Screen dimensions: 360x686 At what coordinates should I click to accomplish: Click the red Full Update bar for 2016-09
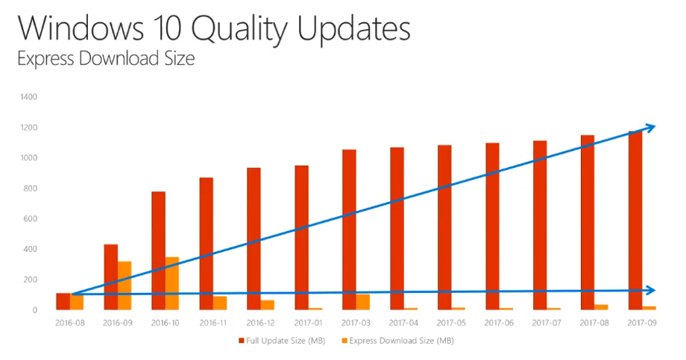point(111,277)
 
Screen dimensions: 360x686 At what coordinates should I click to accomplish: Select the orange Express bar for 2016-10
point(172,283)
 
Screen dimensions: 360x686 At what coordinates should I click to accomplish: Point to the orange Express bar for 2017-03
point(363,302)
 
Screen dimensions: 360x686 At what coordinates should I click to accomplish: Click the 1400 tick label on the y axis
point(29,97)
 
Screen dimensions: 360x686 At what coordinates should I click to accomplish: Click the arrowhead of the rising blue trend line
point(651,127)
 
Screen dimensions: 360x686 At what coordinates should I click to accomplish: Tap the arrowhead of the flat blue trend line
point(652,290)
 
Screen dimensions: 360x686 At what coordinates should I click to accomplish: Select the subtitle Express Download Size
point(106,59)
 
